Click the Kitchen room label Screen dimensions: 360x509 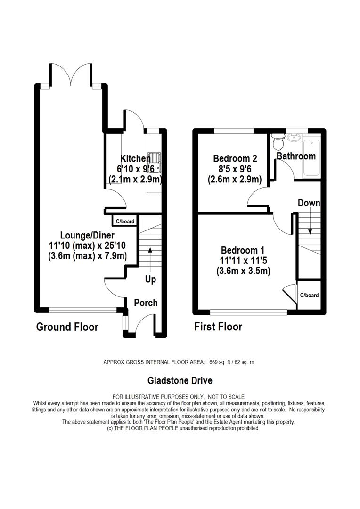coord(135,158)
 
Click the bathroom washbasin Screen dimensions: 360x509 coord(296,138)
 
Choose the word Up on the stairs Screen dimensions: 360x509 coord(150,279)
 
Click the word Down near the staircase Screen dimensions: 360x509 coord(309,203)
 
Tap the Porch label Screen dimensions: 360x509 coord(146,303)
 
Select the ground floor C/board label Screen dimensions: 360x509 coord(125,222)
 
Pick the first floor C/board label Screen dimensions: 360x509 coord(309,296)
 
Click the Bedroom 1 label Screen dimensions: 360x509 coord(243,250)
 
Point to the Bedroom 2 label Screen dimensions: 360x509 coord(235,158)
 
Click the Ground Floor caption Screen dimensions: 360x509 coord(67,327)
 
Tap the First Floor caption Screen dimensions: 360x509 coord(218,327)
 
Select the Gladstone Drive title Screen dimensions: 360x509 coord(180,380)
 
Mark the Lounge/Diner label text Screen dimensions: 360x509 coord(87,235)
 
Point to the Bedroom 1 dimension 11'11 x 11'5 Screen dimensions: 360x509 coord(244,260)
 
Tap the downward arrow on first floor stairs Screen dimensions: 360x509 coord(310,221)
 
